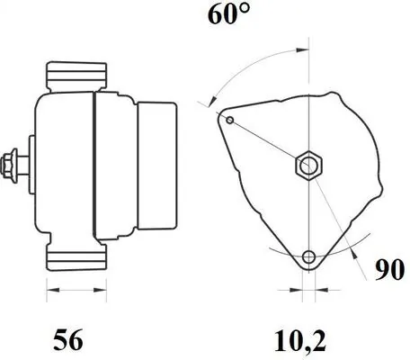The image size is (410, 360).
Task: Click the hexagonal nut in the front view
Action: pyautogui.click(x=308, y=166)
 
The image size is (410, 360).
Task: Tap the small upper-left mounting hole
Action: pyautogui.click(x=229, y=120)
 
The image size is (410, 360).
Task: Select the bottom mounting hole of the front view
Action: pyautogui.click(x=309, y=257)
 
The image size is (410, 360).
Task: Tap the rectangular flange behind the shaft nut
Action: pyautogui.click(x=32, y=165)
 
